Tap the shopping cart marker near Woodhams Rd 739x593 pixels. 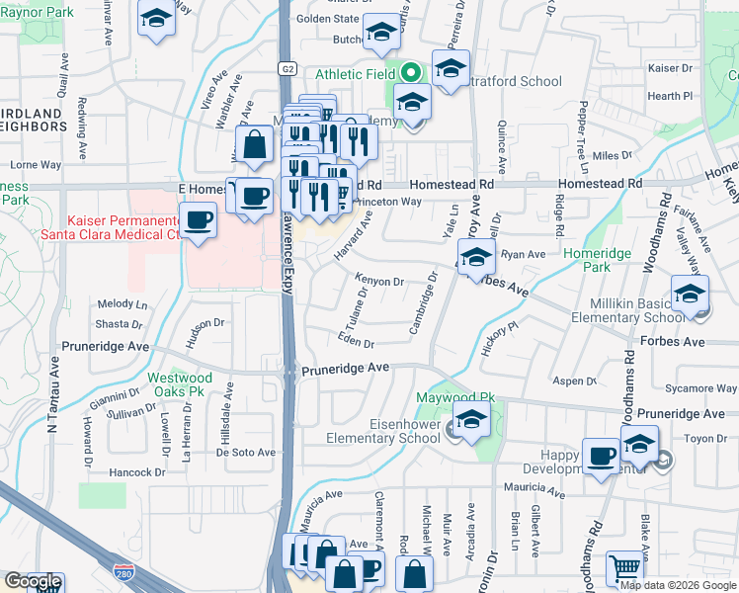624,568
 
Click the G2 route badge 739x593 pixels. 287,68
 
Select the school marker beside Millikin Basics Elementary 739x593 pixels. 690,293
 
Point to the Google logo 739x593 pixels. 32,581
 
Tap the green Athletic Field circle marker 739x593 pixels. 410,72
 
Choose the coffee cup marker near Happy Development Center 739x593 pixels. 601,455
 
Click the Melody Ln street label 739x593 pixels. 122,303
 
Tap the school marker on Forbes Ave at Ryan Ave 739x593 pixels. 476,257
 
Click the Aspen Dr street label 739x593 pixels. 570,381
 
